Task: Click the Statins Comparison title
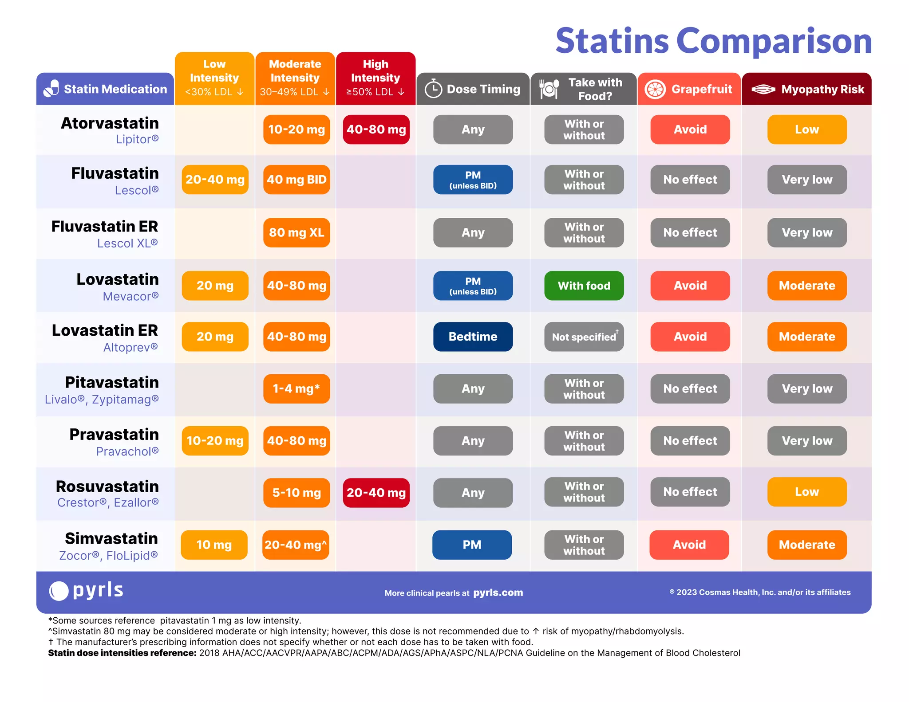(x=713, y=41)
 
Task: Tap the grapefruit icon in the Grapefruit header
(x=655, y=89)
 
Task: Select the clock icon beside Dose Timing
(x=433, y=89)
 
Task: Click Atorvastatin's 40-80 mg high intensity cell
(x=376, y=129)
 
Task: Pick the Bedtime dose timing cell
(x=473, y=337)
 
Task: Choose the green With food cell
(x=584, y=286)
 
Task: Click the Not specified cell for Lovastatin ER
(x=584, y=337)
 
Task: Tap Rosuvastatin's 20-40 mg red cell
(x=376, y=493)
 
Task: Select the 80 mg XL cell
(x=296, y=232)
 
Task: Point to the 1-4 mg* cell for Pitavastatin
(x=296, y=389)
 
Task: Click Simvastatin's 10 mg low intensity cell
(x=214, y=545)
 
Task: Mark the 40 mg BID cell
(x=296, y=180)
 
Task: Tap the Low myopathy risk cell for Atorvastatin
(x=806, y=129)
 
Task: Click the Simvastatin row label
(x=111, y=538)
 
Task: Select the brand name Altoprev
(x=130, y=347)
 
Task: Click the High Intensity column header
(x=375, y=78)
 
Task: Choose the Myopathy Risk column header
(x=806, y=89)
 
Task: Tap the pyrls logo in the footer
(x=87, y=591)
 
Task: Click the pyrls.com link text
(x=498, y=593)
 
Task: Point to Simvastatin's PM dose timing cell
(x=472, y=545)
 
